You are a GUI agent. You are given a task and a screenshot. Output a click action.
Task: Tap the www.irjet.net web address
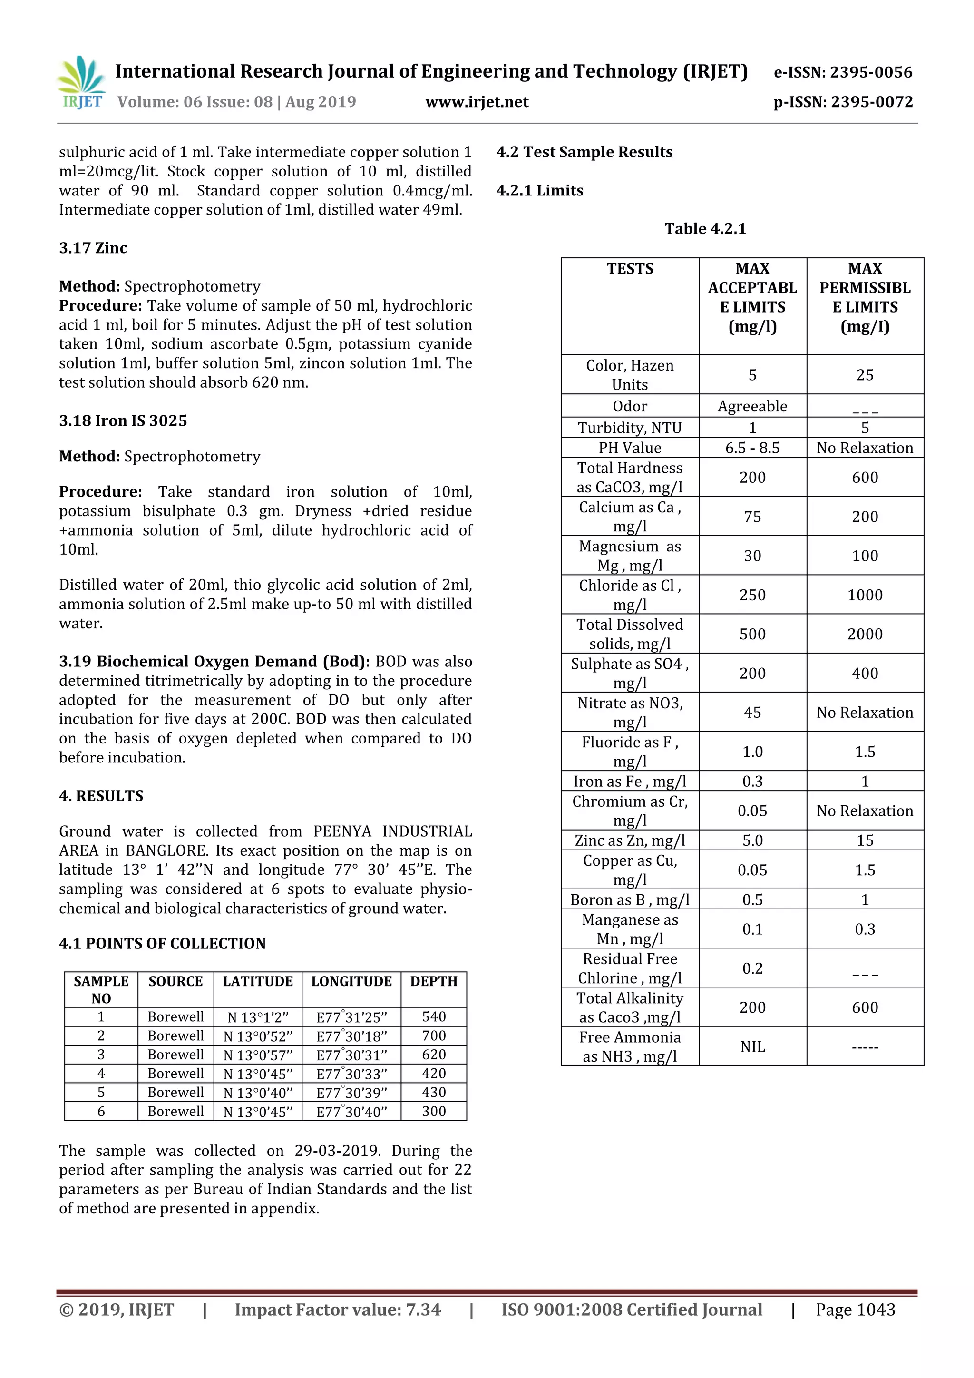click(x=477, y=102)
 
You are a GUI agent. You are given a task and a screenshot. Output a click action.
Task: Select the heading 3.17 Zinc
click(x=93, y=248)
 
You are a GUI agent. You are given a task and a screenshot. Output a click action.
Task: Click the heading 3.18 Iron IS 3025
click(x=123, y=420)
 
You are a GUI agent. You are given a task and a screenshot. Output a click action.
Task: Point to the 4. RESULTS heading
click(x=101, y=796)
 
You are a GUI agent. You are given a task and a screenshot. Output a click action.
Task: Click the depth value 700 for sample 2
click(x=433, y=1036)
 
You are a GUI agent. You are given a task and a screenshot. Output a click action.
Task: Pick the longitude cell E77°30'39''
click(x=351, y=1092)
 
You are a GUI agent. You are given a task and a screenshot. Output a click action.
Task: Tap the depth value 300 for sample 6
click(x=433, y=1111)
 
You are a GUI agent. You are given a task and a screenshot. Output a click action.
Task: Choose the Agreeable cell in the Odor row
click(x=752, y=406)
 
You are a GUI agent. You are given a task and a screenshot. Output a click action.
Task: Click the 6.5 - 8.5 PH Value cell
click(x=752, y=448)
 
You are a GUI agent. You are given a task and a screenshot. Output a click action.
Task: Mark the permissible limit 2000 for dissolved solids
click(x=864, y=634)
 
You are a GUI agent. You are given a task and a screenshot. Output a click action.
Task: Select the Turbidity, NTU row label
click(x=630, y=427)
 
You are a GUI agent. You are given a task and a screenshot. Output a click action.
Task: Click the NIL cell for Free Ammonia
click(x=752, y=1047)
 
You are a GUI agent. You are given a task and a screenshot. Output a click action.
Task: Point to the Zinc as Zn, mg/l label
click(x=630, y=840)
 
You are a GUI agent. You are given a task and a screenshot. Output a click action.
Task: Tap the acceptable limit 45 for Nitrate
click(x=752, y=713)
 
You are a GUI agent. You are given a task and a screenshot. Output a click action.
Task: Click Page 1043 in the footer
click(x=855, y=1310)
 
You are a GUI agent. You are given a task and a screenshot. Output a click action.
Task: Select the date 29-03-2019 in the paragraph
click(x=337, y=1151)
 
